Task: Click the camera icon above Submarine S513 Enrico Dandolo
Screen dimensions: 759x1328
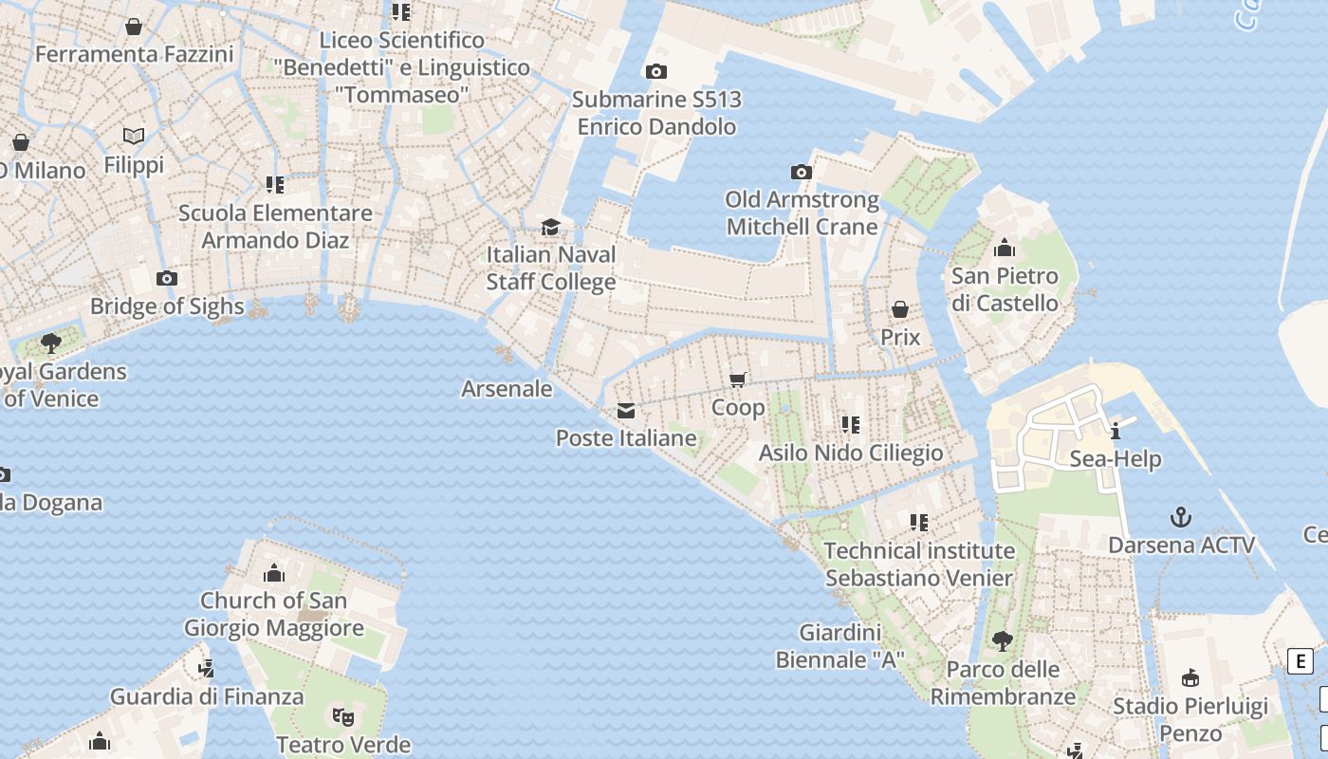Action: click(655, 71)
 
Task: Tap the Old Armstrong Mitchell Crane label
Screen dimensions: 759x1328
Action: click(802, 213)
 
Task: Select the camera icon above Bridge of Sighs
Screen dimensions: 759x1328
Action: click(167, 278)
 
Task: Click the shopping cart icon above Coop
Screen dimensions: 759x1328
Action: click(738, 379)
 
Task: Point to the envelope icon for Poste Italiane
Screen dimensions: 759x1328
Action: click(626, 411)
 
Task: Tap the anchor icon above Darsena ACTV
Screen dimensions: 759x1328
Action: click(1181, 517)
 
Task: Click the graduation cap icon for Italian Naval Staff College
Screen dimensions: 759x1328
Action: click(550, 227)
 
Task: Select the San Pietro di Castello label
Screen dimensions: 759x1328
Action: click(1005, 289)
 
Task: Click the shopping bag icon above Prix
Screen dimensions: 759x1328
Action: click(900, 309)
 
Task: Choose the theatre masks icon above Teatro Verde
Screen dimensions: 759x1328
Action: click(343, 716)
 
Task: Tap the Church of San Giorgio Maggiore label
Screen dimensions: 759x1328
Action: click(273, 614)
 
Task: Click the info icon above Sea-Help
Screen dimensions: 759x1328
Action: click(1116, 431)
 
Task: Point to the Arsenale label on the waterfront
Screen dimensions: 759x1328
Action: click(507, 388)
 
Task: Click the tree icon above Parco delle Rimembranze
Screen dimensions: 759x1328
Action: click(1003, 641)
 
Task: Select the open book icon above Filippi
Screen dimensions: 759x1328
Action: click(134, 137)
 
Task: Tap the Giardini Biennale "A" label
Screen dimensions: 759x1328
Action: click(839, 645)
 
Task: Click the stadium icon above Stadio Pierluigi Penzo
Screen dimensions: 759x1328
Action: click(1190, 677)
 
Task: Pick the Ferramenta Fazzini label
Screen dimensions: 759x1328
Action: click(134, 54)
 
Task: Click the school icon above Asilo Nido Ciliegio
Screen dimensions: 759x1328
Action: click(851, 424)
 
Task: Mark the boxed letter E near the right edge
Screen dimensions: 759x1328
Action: click(1300, 661)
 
